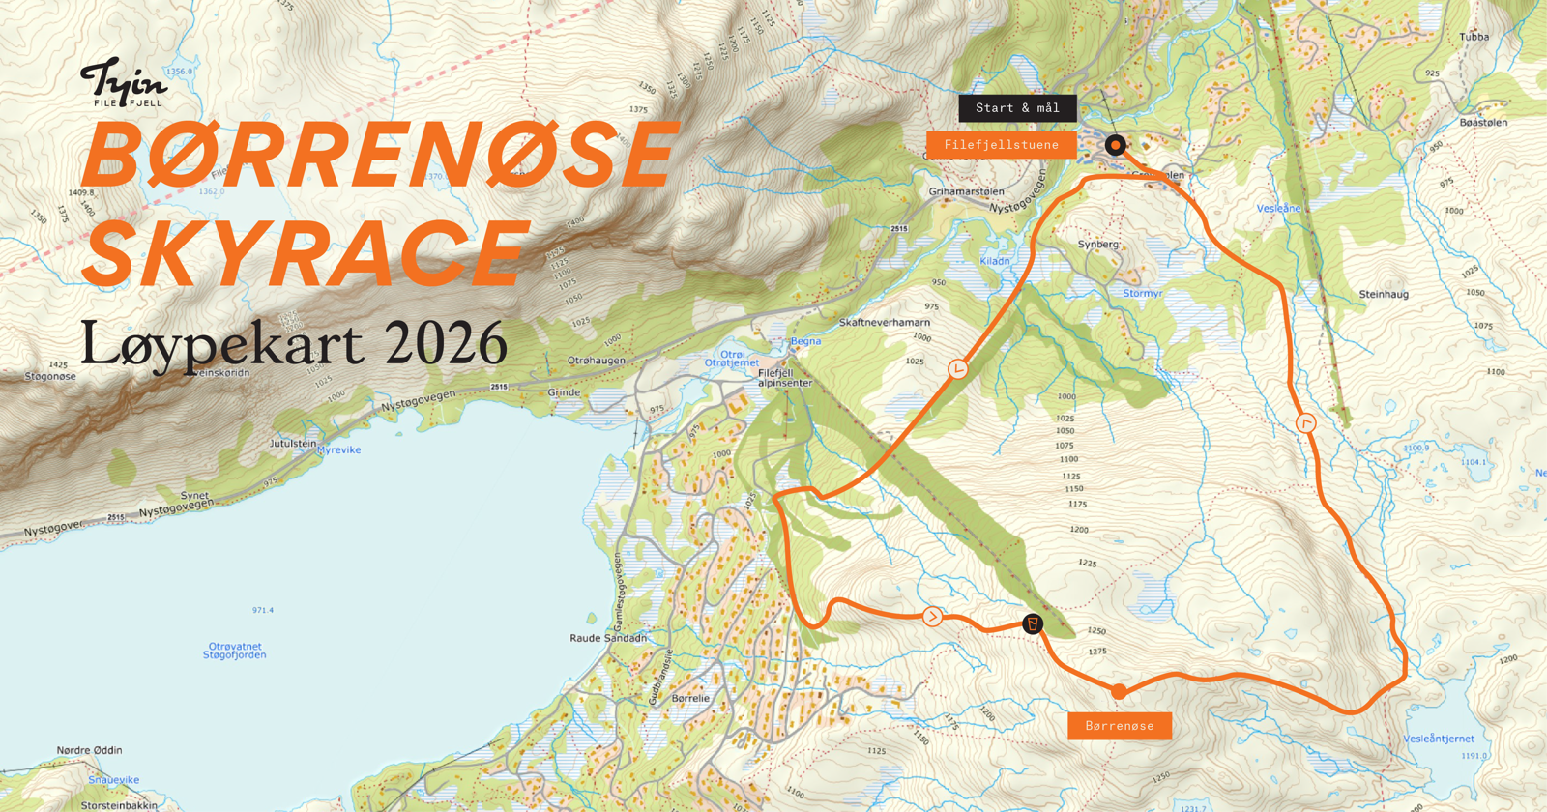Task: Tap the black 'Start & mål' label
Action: point(1017,108)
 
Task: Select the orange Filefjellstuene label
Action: point(1001,145)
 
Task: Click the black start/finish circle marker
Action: point(1116,145)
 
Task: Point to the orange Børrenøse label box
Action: point(1120,726)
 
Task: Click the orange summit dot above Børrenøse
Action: point(1119,691)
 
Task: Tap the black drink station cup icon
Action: point(1033,623)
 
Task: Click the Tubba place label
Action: point(1474,37)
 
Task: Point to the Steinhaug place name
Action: point(1384,294)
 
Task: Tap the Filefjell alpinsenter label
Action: point(784,378)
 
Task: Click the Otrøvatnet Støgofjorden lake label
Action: point(235,651)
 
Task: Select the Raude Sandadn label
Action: point(608,638)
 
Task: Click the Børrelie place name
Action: point(690,698)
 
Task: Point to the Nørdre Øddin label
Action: point(89,750)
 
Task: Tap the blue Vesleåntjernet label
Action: point(1439,739)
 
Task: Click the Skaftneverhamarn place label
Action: point(884,322)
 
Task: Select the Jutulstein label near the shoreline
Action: point(293,444)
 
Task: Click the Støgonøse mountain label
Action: point(50,376)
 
